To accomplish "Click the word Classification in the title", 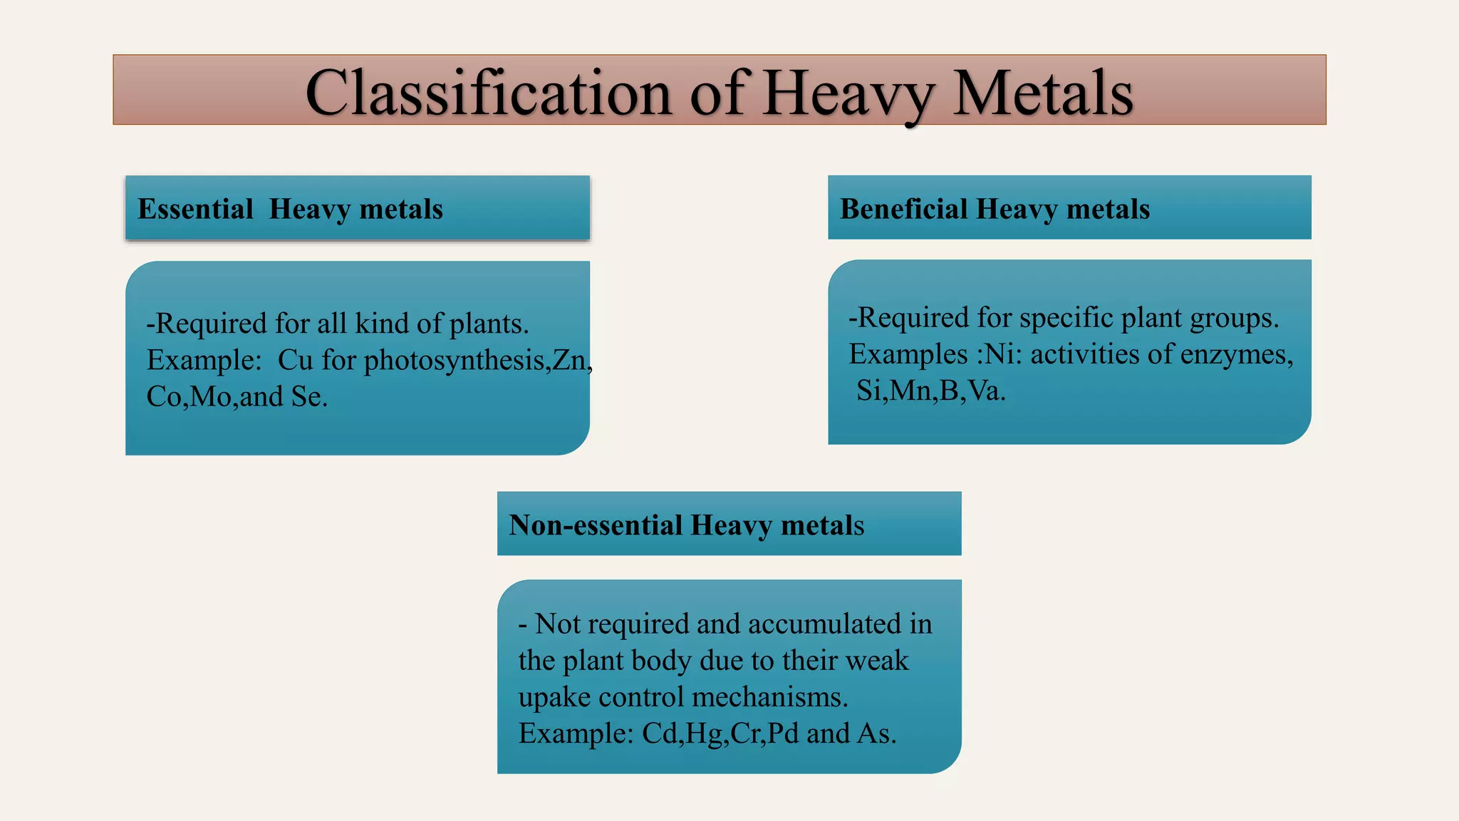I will (x=488, y=93).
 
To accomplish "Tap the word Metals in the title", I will (x=1043, y=93).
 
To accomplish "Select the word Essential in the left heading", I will (x=195, y=210).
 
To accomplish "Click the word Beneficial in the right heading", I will (x=903, y=210).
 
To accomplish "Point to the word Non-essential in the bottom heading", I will (x=596, y=525).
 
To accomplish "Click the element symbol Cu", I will (x=295, y=361).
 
